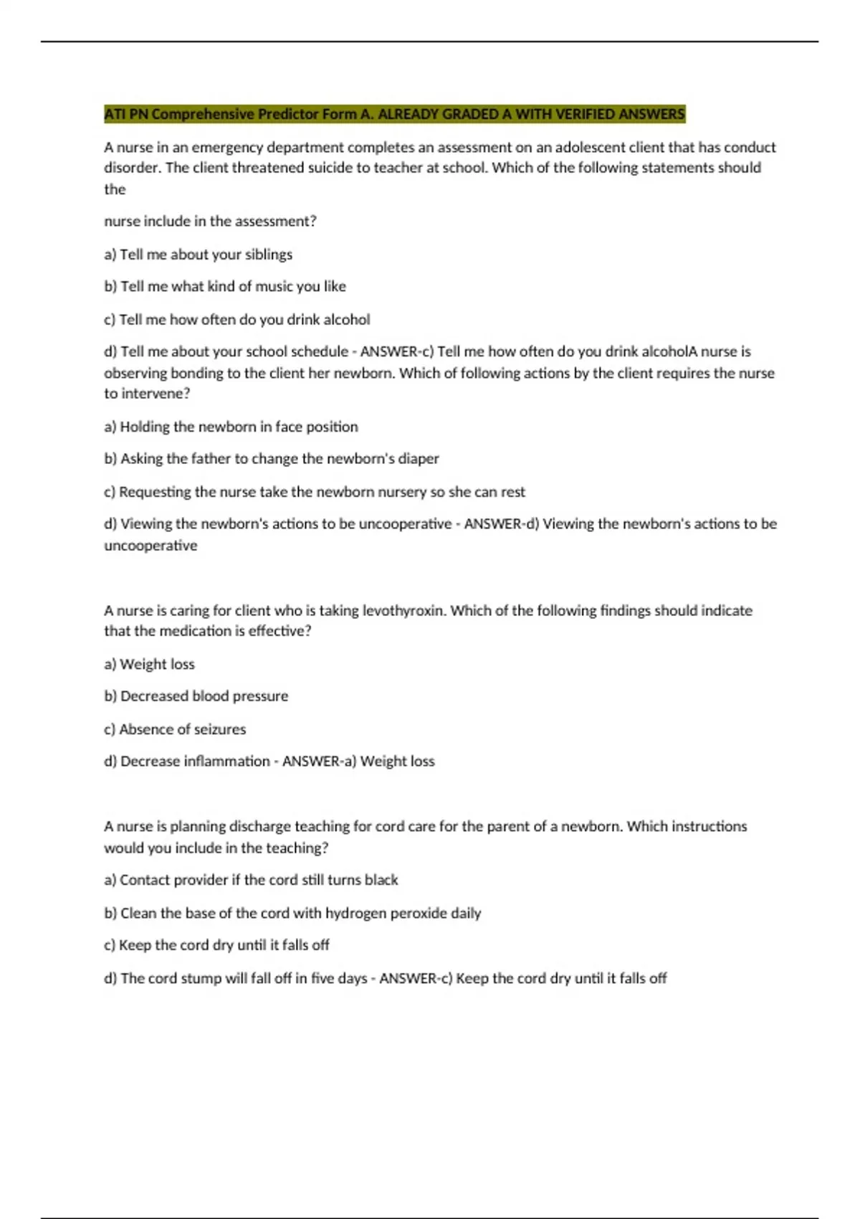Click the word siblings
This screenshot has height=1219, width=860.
(x=269, y=255)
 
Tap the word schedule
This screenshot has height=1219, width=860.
(x=319, y=351)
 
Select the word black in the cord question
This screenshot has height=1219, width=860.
(x=381, y=880)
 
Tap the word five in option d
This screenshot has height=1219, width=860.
(x=322, y=978)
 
